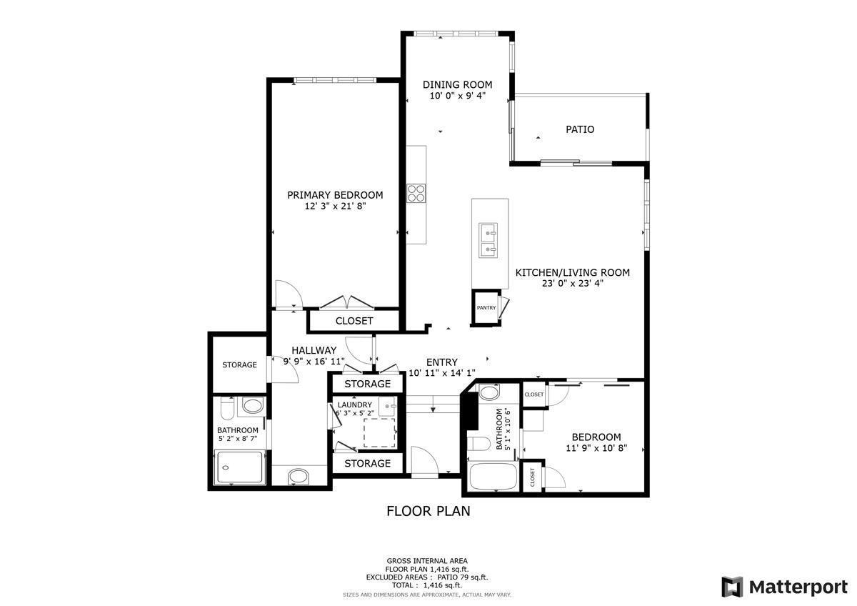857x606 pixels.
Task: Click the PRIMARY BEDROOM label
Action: [335, 195]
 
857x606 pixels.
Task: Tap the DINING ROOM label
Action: [457, 84]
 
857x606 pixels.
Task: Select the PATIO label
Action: [580, 129]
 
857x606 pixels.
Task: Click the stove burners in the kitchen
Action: [416, 193]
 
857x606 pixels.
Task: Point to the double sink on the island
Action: [488, 240]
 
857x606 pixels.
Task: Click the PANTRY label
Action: [486, 308]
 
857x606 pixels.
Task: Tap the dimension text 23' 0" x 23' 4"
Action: [572, 284]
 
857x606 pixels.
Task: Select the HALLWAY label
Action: [314, 350]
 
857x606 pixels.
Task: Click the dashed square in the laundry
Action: [379, 432]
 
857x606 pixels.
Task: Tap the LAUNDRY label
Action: [355, 404]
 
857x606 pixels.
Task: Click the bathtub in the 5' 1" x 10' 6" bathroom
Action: [493, 477]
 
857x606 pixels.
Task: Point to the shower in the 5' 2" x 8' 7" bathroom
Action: [240, 467]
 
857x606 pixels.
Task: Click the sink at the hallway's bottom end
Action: [299, 477]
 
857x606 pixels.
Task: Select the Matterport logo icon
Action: [732, 587]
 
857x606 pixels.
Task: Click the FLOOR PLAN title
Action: [428, 511]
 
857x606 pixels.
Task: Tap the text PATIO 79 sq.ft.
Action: [461, 577]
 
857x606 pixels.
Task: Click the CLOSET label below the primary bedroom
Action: [354, 321]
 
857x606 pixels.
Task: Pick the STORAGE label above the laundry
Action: [367, 384]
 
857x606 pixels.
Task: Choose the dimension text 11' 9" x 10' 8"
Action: [596, 448]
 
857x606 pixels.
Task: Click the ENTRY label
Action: [442, 362]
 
